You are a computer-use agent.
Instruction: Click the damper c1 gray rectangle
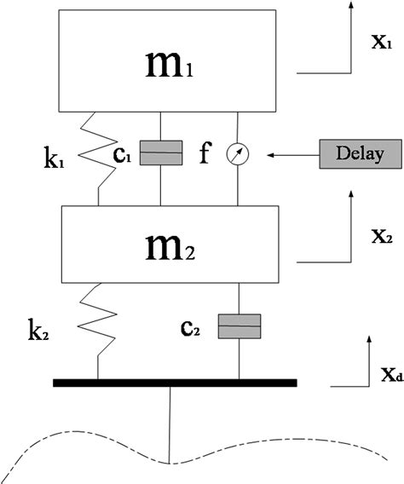[x=162, y=154]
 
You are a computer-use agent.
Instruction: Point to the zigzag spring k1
[x=100, y=154]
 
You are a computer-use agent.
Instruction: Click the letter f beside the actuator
[x=204, y=153]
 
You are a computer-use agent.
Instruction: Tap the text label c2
[x=197, y=327]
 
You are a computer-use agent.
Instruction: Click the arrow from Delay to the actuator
[x=291, y=155]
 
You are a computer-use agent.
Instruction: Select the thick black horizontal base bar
[x=175, y=383]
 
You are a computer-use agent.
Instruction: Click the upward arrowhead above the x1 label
[x=351, y=7]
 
